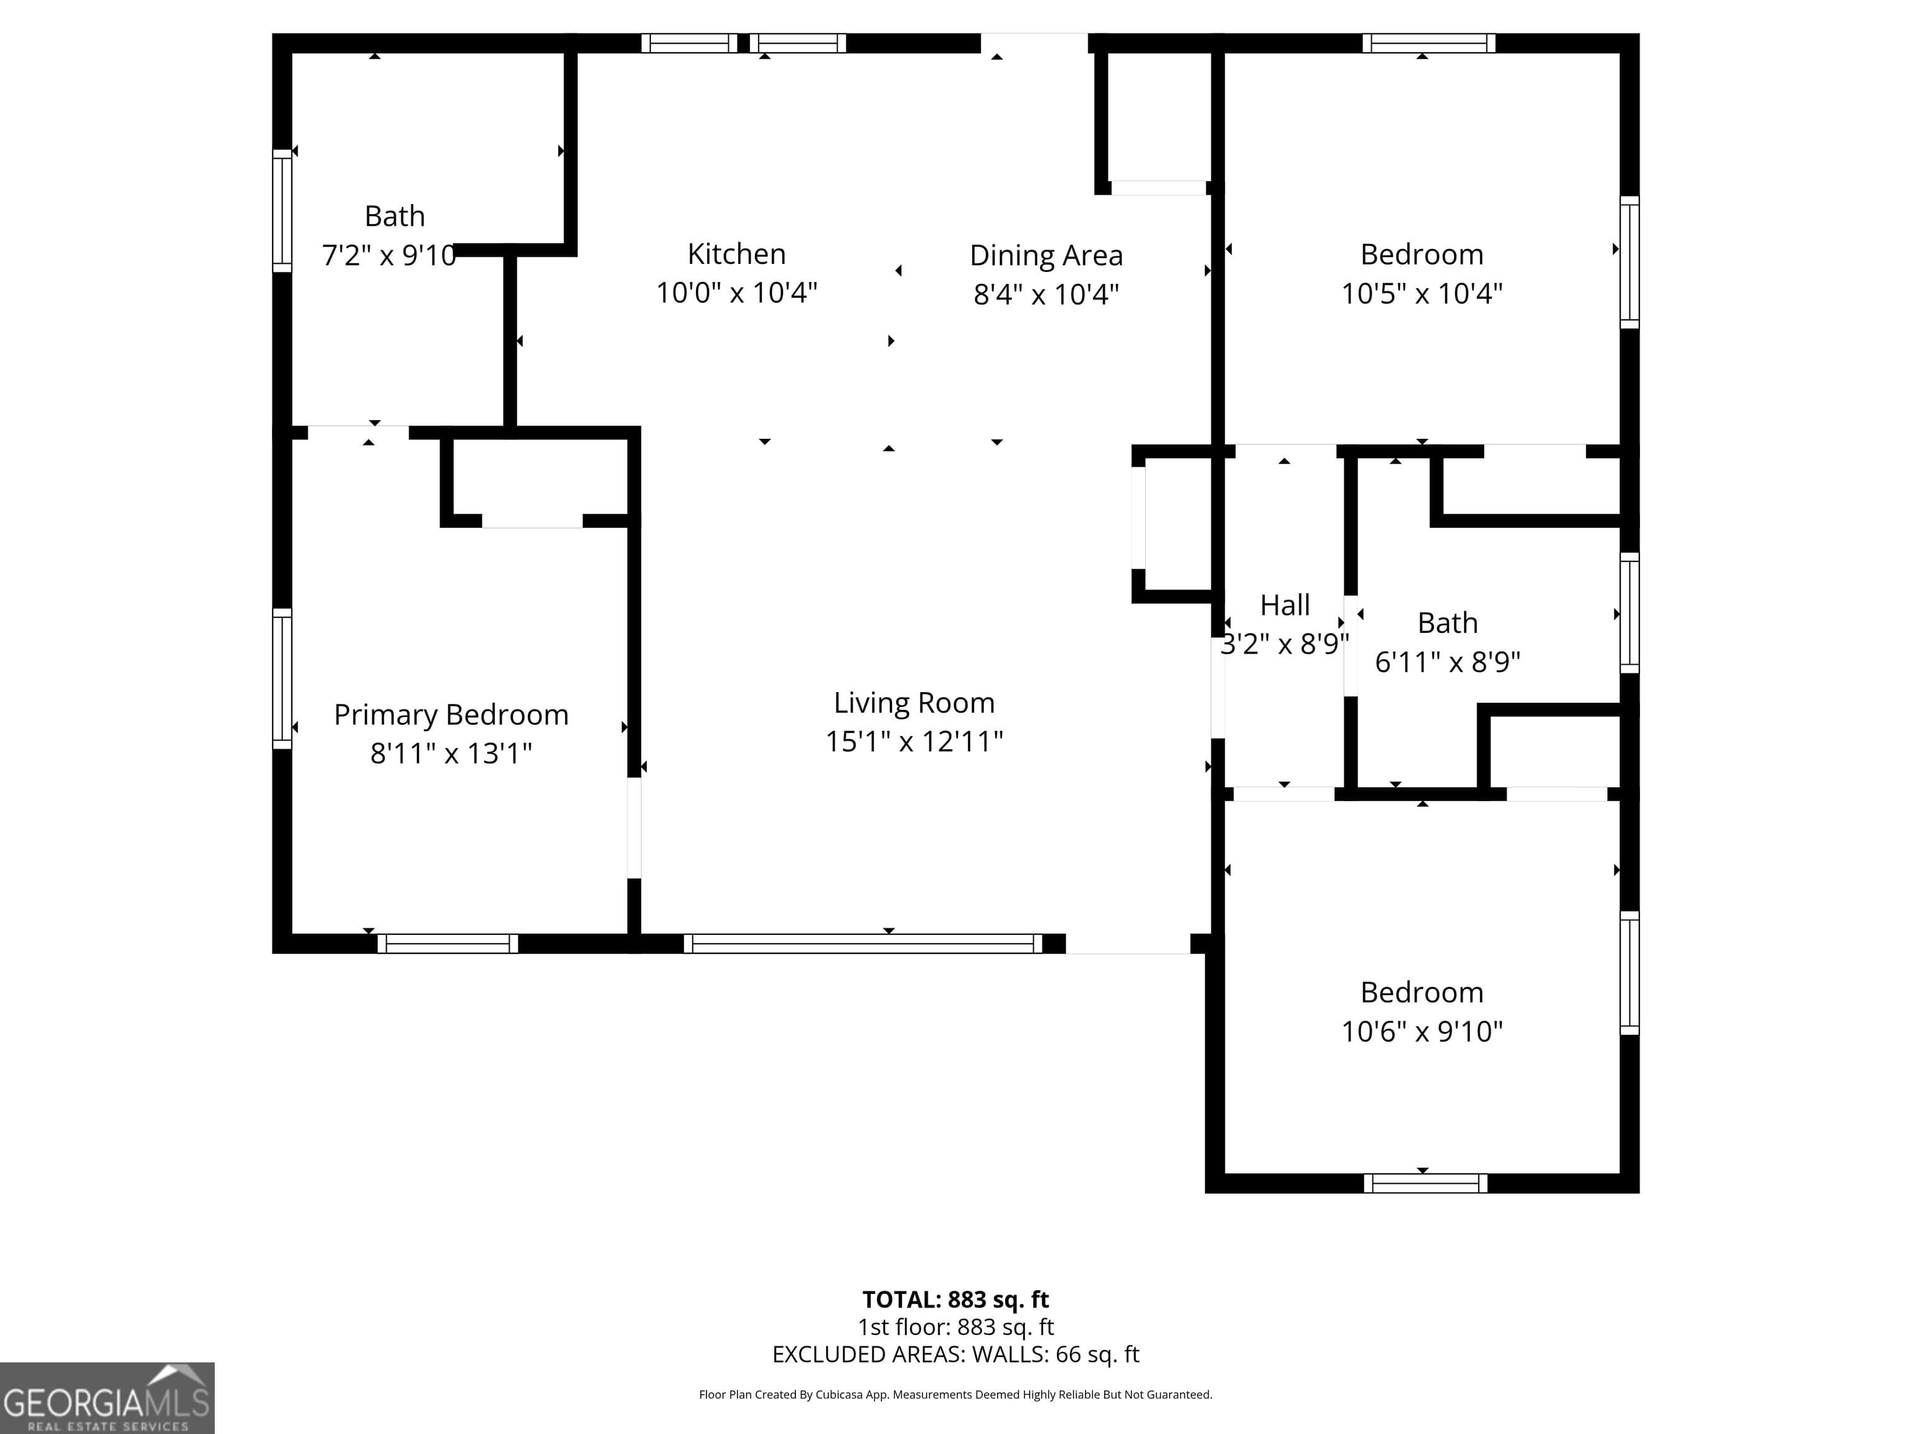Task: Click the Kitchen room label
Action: pyautogui.click(x=736, y=254)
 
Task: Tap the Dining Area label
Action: pyautogui.click(x=1046, y=256)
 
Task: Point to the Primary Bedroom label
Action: pyautogui.click(x=451, y=715)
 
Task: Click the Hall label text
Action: pyautogui.click(x=1285, y=605)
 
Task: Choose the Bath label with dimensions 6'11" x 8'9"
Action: pyautogui.click(x=1447, y=623)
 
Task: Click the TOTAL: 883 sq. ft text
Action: pyautogui.click(x=955, y=1299)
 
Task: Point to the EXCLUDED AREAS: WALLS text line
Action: pyautogui.click(x=955, y=1354)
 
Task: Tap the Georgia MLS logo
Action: pyautogui.click(x=106, y=1398)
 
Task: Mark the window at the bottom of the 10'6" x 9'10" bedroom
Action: pyautogui.click(x=1425, y=1183)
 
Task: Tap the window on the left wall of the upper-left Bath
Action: pyautogui.click(x=282, y=211)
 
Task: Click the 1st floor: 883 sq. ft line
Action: pyautogui.click(x=955, y=1327)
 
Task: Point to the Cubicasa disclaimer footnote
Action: pyautogui.click(x=955, y=1394)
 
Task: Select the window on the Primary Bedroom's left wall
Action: pyautogui.click(x=282, y=678)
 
